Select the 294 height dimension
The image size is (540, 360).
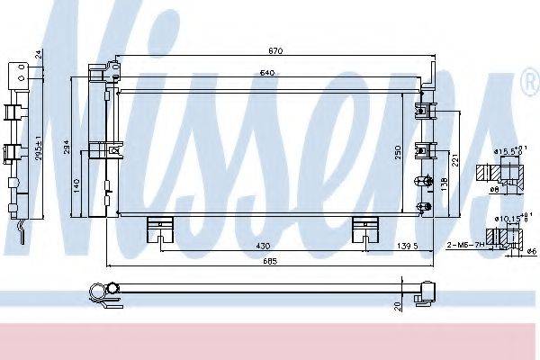[x=67, y=148]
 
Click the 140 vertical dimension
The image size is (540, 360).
[x=77, y=184]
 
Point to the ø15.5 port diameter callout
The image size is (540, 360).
[x=507, y=148]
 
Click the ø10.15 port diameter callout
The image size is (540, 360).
[x=507, y=216]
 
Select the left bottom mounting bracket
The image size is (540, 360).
[x=159, y=230]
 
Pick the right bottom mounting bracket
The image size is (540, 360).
[x=364, y=230]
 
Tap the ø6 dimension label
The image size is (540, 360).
[x=520, y=255]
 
